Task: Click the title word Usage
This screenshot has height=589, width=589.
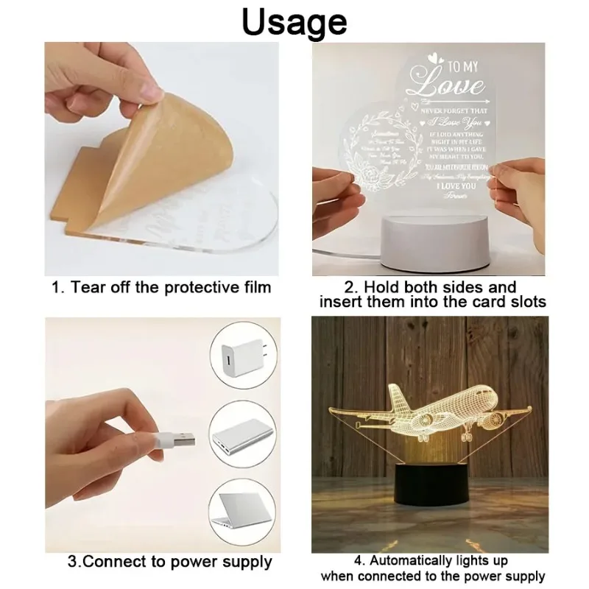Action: (294, 21)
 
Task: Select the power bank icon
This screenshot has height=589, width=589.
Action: (239, 440)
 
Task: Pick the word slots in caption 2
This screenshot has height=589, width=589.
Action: (525, 303)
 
